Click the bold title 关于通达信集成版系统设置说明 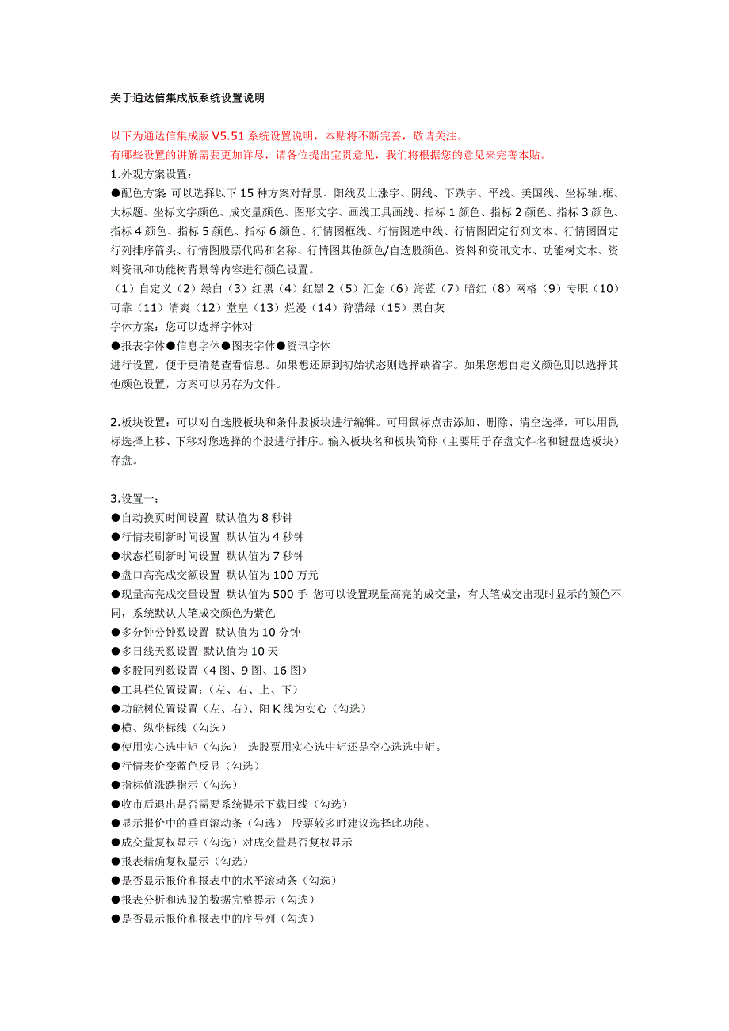coord(187,98)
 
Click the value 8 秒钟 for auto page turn coord(277,518)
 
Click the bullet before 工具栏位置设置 coord(116,690)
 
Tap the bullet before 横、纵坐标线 coord(116,728)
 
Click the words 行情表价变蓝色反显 coord(171,766)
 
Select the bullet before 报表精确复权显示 coord(116,861)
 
